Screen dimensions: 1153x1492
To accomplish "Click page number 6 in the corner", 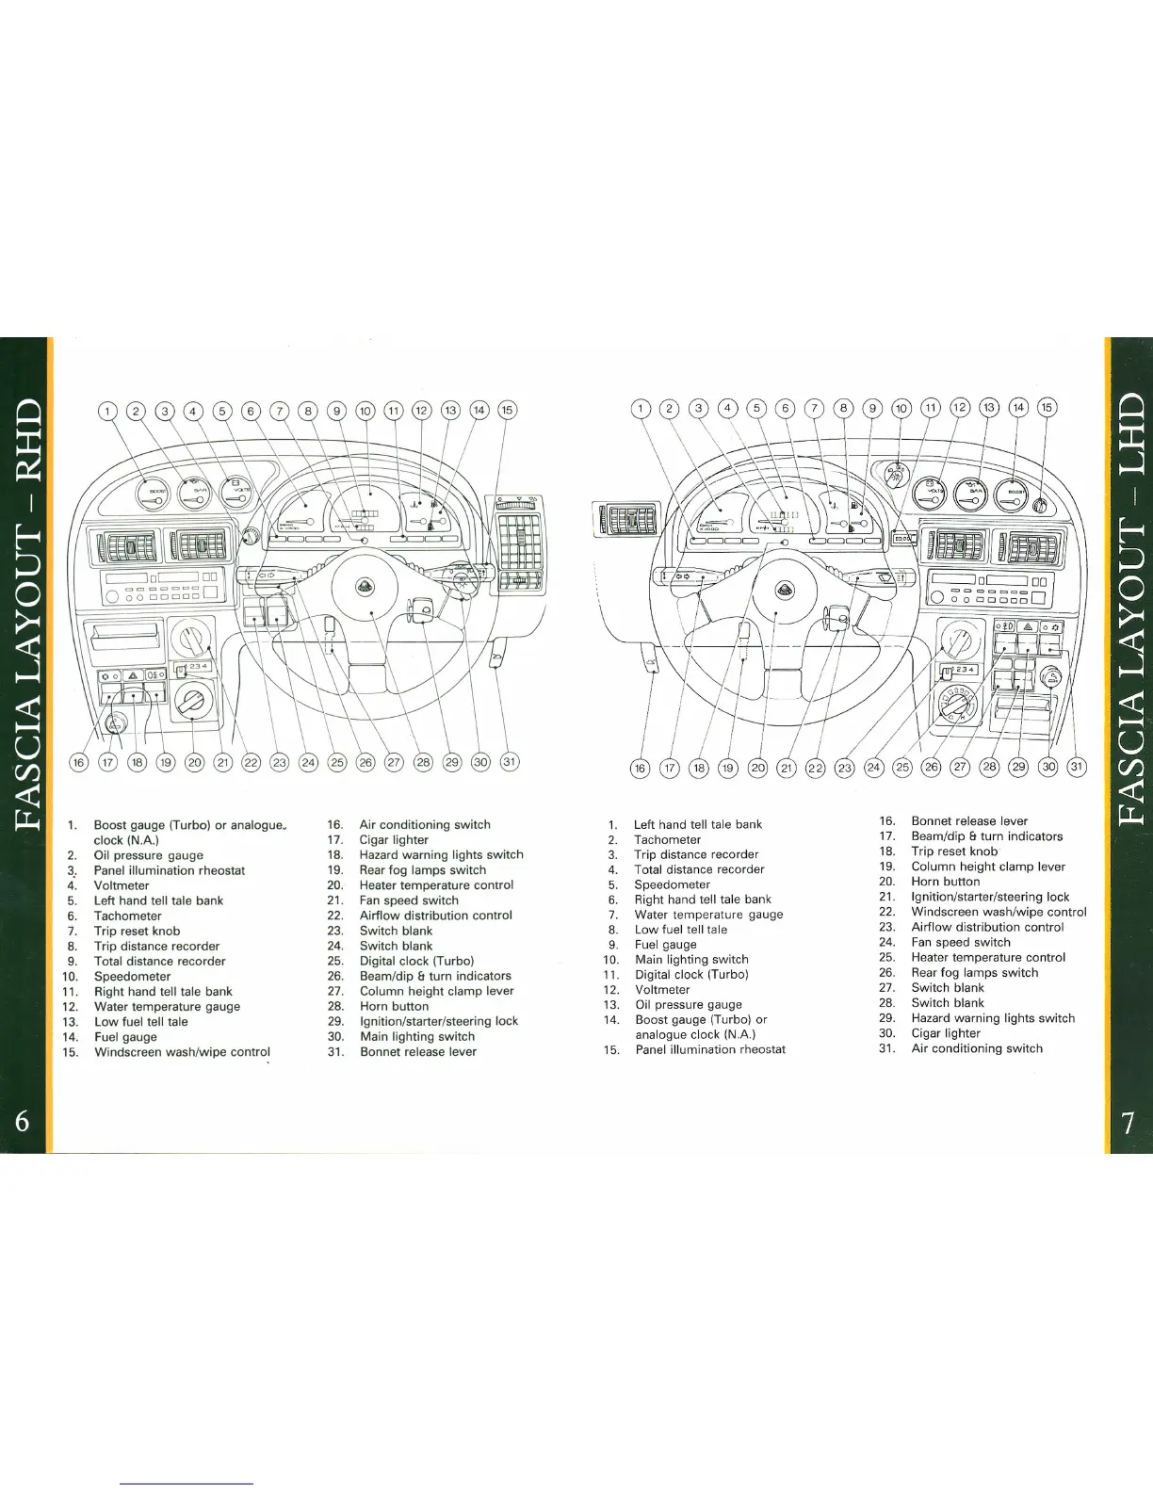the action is tap(24, 1122).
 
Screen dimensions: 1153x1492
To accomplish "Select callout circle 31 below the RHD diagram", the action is tap(510, 761).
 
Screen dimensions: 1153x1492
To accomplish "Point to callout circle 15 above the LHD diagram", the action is tap(1047, 408).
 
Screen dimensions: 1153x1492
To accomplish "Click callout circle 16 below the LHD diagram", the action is tap(640, 768).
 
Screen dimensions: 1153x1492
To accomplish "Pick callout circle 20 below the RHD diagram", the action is tap(194, 762).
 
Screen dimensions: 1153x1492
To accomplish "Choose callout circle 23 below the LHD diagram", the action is tap(845, 768).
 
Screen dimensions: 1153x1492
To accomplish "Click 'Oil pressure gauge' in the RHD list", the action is tap(148, 855).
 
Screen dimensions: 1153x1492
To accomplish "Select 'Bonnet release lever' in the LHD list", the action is tap(969, 821).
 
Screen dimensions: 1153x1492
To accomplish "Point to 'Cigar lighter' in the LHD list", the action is tap(946, 1033).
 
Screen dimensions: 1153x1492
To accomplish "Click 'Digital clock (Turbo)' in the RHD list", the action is tap(416, 961).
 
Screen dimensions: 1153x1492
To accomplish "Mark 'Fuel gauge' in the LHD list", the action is tap(665, 945).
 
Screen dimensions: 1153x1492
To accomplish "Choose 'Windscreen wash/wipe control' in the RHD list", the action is tap(182, 1052).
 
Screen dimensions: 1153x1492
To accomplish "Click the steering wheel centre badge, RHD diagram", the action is tap(365, 589).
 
